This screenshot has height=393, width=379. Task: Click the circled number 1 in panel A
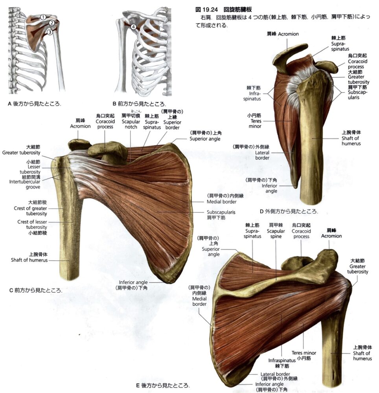[43, 17]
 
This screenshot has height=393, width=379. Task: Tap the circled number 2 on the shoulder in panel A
[52, 23]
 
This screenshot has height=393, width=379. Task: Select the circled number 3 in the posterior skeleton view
[50, 32]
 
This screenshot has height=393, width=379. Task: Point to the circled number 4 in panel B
[133, 27]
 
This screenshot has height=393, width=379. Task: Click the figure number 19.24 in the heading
[210, 9]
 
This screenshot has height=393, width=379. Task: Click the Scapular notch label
[131, 124]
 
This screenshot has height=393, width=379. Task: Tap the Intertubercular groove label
[24, 184]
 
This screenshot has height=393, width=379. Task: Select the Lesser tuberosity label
[30, 169]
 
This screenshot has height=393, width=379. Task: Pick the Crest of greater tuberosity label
[30, 211]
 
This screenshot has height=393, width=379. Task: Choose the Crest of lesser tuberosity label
[32, 224]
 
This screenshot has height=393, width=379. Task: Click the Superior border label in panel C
[172, 125]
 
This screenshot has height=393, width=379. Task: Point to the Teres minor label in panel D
[255, 123]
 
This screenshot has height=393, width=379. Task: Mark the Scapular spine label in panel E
[276, 233]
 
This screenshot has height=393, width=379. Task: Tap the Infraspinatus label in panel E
[282, 360]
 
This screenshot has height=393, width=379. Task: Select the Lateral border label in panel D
[262, 155]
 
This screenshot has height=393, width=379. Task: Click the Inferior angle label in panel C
[133, 282]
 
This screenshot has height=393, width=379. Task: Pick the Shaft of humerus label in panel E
[362, 356]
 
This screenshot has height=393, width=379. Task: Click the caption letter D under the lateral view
[261, 211]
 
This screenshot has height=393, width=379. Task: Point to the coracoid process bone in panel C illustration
[108, 151]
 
